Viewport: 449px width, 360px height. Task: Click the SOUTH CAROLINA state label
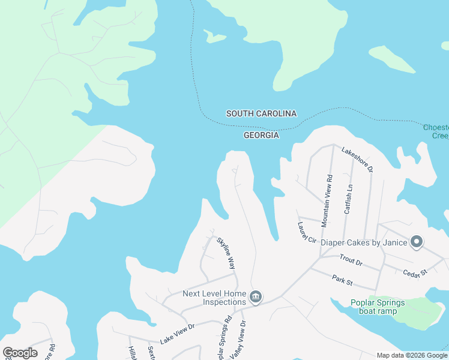tap(261, 113)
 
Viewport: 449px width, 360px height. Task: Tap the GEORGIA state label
tap(261, 136)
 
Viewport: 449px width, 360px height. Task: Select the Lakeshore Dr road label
tap(358, 159)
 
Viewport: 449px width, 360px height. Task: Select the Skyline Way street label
tap(226, 252)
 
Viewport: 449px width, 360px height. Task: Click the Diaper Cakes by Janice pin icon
tap(417, 242)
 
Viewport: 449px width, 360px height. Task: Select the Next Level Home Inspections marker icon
tap(256, 297)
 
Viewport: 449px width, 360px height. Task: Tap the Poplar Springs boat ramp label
tap(382, 306)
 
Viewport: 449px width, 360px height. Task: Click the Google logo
tap(20, 353)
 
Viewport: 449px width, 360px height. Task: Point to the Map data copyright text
tap(412, 355)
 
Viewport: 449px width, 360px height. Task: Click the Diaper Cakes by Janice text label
tap(364, 242)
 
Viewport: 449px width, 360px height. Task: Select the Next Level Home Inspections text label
tap(214, 298)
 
